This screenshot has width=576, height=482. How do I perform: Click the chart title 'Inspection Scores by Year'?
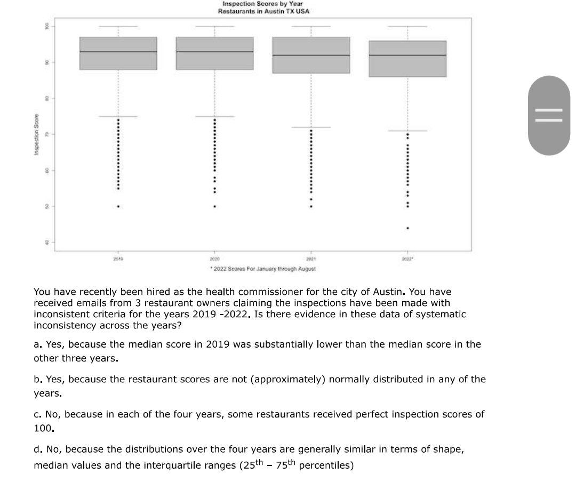click(x=262, y=4)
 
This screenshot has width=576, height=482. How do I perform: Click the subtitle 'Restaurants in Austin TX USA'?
click(x=264, y=11)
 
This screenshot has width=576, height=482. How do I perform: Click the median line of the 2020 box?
click(x=214, y=52)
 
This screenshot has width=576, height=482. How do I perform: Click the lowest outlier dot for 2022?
click(x=407, y=228)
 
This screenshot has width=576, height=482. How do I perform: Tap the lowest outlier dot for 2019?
click(x=118, y=206)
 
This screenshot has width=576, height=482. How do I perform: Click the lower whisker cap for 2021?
click(x=311, y=127)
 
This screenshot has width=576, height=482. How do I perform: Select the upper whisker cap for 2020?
click(x=214, y=26)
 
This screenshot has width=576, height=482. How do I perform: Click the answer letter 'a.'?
click(x=37, y=344)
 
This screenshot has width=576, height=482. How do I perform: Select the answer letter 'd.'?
click(x=37, y=449)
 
